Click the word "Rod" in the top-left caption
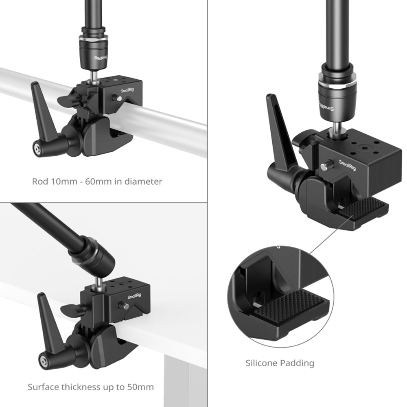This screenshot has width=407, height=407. [40, 181]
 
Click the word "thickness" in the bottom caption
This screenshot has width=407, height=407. [81, 387]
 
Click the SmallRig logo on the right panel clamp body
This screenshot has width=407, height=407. [347, 165]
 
